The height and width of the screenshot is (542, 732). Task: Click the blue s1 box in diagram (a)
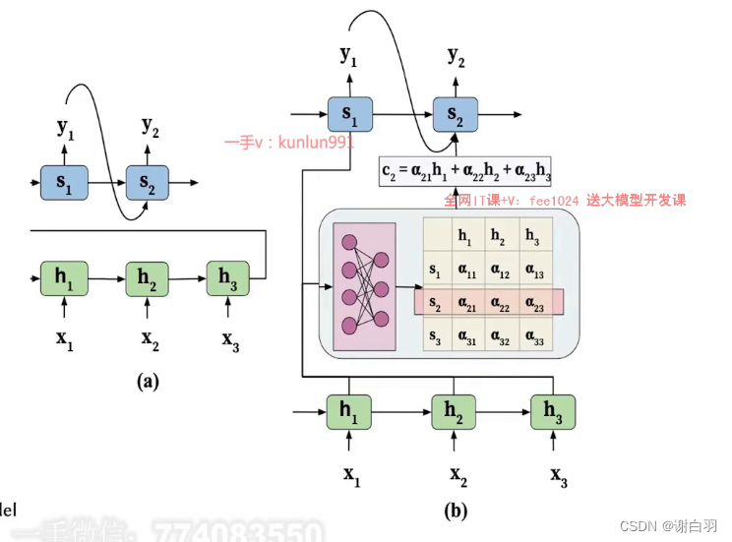(64, 182)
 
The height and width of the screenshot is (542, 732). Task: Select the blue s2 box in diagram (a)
(148, 182)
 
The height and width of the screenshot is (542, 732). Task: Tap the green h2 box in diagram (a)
(148, 279)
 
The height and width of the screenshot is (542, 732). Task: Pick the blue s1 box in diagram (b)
(349, 115)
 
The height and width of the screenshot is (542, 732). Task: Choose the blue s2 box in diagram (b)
(455, 115)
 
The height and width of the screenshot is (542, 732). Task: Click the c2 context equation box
(464, 172)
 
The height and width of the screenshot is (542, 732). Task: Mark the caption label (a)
(148, 383)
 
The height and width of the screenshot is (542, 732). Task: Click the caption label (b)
(455, 510)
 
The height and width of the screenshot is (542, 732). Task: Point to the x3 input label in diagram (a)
(229, 340)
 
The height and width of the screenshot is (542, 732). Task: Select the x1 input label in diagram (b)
(351, 475)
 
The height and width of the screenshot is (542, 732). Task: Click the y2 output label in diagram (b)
(456, 57)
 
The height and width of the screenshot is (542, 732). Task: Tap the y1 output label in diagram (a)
(65, 127)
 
